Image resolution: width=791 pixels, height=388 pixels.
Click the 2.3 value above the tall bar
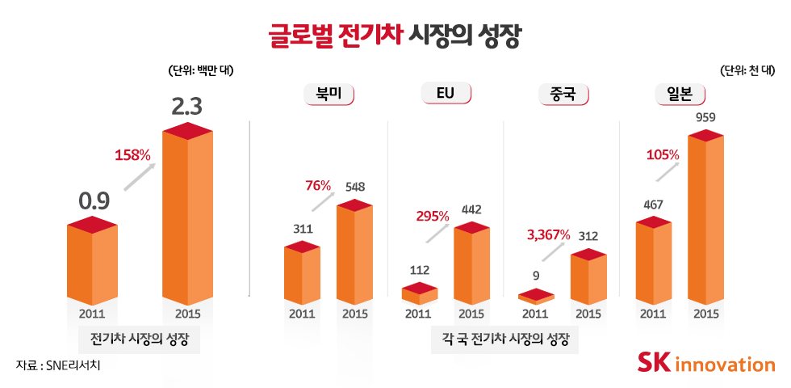click(x=186, y=107)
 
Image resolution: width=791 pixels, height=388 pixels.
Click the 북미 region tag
click(x=329, y=94)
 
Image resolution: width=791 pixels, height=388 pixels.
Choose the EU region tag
click(x=446, y=94)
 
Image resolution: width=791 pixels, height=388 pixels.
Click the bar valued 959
click(x=705, y=218)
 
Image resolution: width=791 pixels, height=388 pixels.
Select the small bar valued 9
click(x=536, y=297)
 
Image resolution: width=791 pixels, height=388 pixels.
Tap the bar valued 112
click(x=419, y=293)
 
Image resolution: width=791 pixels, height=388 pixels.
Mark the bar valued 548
click(x=354, y=252)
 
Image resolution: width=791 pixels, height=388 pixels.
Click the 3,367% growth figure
click(x=548, y=234)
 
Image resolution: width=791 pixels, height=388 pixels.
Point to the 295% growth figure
click(x=432, y=216)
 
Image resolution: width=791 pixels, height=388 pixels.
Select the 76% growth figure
click(x=318, y=186)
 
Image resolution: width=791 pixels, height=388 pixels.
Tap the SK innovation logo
click(x=705, y=363)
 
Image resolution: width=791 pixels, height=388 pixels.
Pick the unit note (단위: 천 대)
click(x=747, y=70)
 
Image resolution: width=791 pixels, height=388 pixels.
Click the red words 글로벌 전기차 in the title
click(x=336, y=36)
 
